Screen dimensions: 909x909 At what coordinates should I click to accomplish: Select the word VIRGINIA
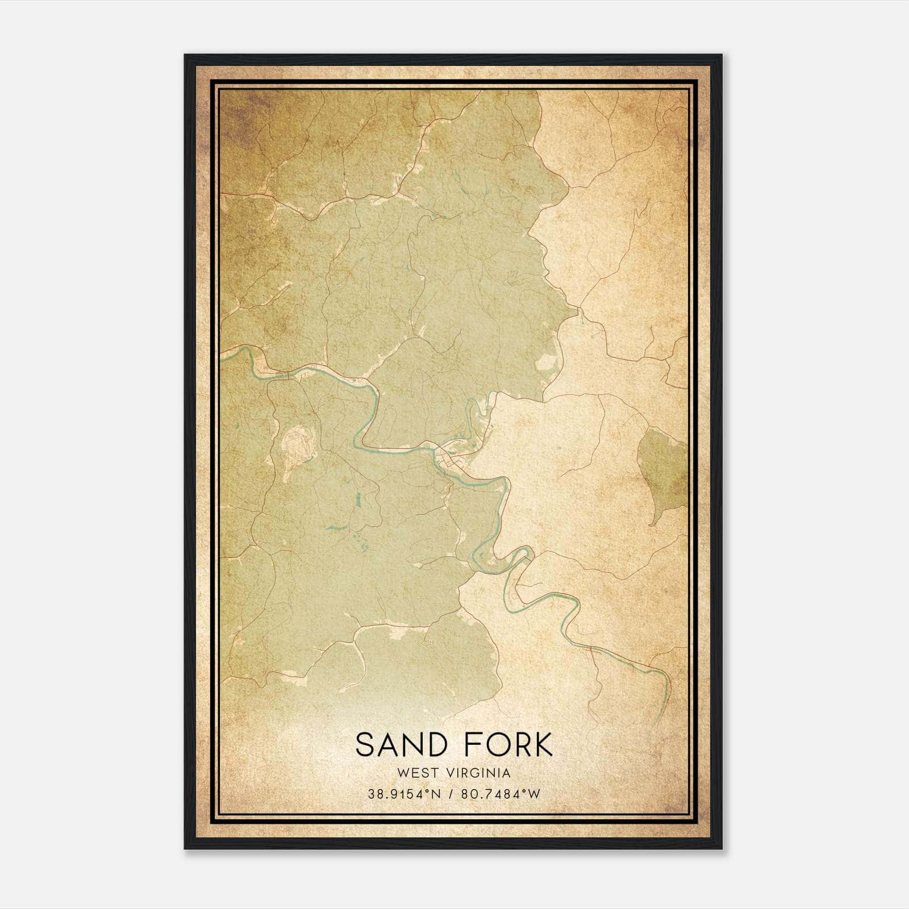pos(479,773)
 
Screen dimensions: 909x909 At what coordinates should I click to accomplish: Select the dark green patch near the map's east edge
pos(661,460)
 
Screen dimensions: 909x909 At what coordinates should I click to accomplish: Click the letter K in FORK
pos(542,745)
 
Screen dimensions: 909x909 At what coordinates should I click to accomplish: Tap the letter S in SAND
pos(365,745)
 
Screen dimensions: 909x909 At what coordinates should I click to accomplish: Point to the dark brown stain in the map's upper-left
pos(239,119)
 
